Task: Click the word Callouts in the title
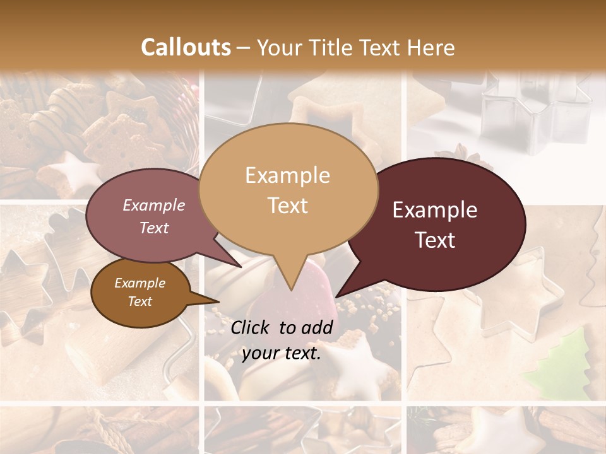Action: click(x=186, y=47)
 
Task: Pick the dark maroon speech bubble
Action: click(x=442, y=224)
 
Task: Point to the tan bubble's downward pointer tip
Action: click(x=291, y=290)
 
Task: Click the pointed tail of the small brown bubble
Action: click(x=217, y=301)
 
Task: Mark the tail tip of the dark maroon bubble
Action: click(x=337, y=296)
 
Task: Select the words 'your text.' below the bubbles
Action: click(x=282, y=353)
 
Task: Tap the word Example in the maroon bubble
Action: click(x=435, y=210)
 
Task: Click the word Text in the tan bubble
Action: click(x=288, y=206)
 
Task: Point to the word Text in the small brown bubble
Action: click(x=140, y=301)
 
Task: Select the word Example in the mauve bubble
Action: click(x=154, y=205)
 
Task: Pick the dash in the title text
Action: click(x=244, y=47)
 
